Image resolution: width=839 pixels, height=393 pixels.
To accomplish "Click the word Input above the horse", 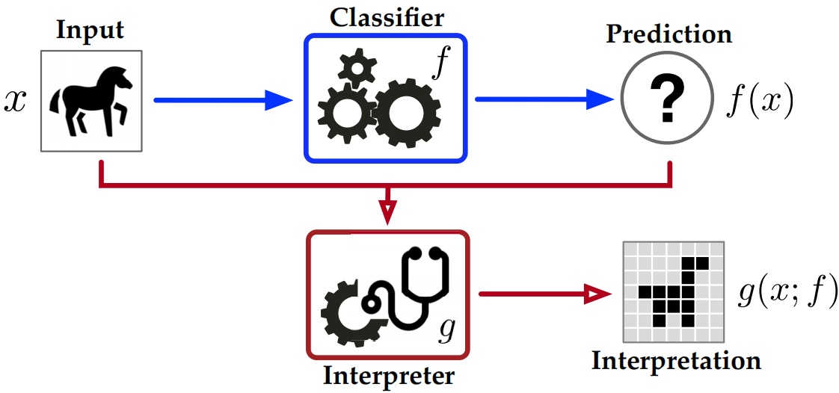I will (x=89, y=31).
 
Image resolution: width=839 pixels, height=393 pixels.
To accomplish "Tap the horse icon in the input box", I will (x=90, y=99).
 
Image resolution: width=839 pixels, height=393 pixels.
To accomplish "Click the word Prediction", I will (x=668, y=34).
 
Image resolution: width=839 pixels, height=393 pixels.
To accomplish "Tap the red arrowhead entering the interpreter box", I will (x=387, y=214).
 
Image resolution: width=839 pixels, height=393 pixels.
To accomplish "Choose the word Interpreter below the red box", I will (x=387, y=374).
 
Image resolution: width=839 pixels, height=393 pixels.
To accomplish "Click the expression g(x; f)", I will (x=786, y=293).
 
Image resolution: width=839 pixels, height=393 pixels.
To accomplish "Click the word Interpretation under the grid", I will (x=676, y=362).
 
